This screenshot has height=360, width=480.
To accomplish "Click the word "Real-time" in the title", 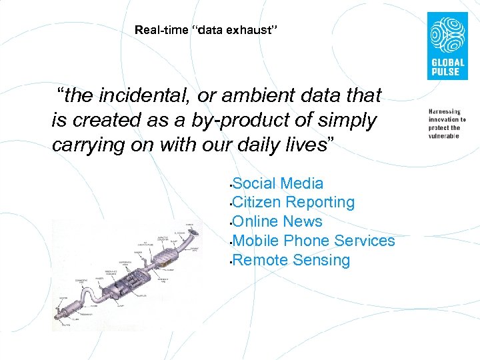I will point(156,30).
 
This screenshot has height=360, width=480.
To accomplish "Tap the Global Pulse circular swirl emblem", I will point(446,35).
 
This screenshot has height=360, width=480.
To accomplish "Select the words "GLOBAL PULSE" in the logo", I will point(446,67).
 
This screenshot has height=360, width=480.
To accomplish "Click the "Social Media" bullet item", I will point(279,183).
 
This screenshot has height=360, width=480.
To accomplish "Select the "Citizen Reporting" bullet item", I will point(294,202).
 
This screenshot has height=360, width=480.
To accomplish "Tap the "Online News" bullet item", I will point(278,221).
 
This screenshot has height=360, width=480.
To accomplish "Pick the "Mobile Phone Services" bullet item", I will point(314,241).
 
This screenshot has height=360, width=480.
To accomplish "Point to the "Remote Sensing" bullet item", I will point(292,260).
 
